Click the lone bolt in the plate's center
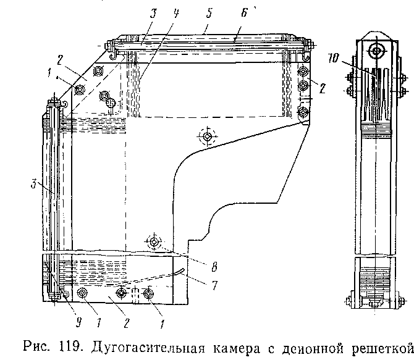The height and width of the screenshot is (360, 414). [208, 135]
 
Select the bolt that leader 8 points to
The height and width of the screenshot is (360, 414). [153, 241]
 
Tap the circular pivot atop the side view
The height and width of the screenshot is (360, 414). [374, 49]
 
